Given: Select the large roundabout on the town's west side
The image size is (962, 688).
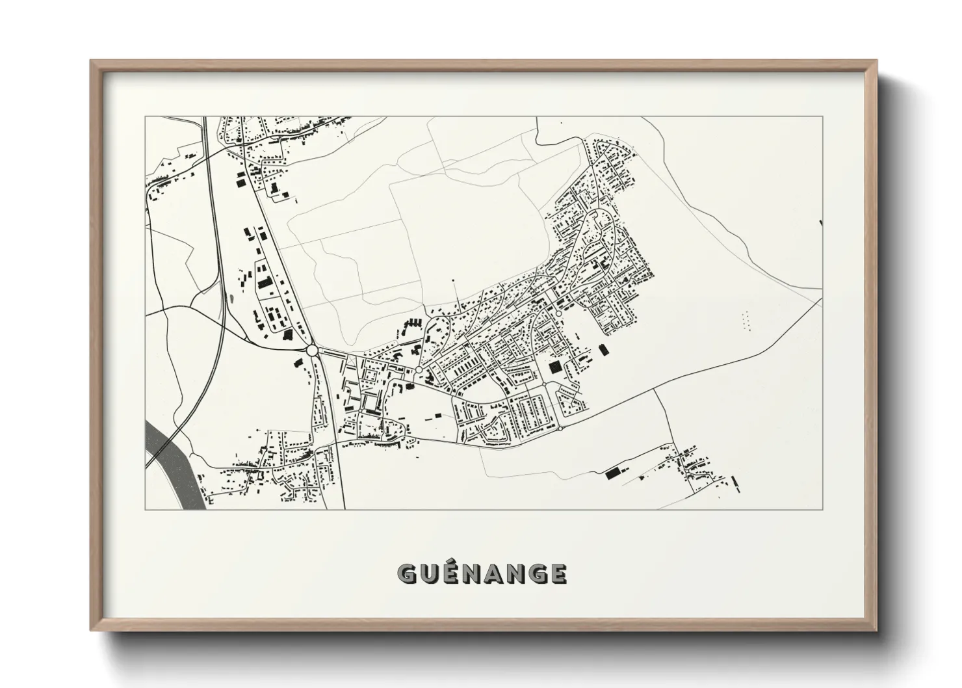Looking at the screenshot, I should (312, 351).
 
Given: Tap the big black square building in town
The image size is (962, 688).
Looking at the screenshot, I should (555, 367).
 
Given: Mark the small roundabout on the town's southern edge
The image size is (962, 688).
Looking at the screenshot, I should (560, 429).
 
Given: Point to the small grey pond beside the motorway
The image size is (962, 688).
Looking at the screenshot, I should (229, 299).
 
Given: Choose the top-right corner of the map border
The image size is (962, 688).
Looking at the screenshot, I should (822, 116).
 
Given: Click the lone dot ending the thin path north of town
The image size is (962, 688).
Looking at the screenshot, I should (453, 281).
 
